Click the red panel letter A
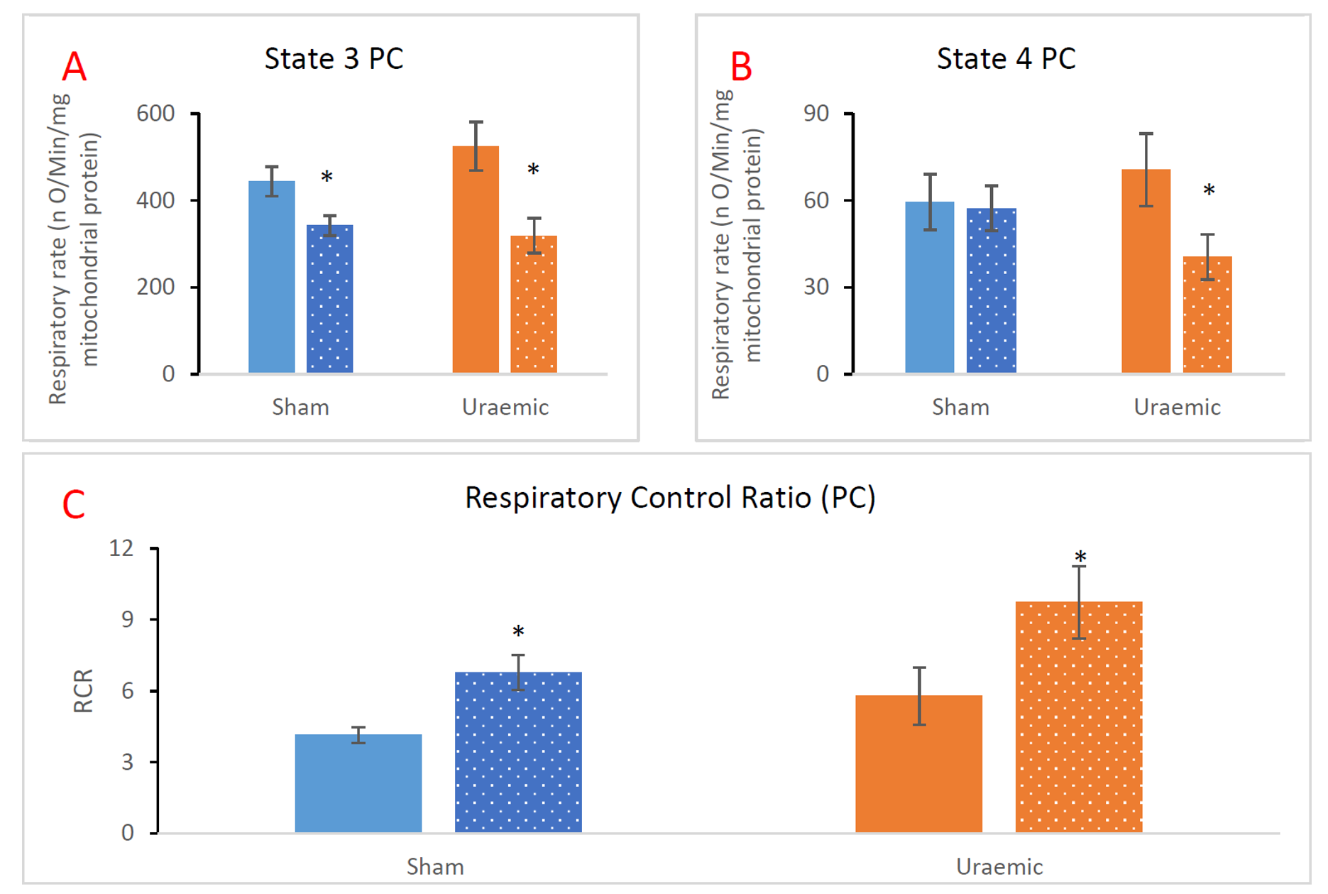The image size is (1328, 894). [75, 67]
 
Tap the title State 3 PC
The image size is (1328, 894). [334, 59]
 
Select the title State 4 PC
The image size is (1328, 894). [1006, 59]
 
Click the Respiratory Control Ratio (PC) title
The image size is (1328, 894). [670, 498]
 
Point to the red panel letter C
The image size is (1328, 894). [74, 506]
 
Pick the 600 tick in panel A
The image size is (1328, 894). [155, 114]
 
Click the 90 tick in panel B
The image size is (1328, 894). [816, 114]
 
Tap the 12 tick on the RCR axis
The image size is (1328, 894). [121, 548]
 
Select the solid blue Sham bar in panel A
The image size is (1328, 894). [272, 277]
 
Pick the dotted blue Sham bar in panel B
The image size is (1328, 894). [991, 290]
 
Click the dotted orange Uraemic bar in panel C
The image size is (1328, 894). [1079, 717]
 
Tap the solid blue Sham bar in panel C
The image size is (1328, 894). [358, 783]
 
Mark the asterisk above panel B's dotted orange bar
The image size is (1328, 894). [1209, 190]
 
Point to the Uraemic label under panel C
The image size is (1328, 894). [999, 867]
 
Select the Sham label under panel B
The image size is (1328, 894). [960, 408]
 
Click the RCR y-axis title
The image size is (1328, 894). [83, 690]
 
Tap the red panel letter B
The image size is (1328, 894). [741, 67]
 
